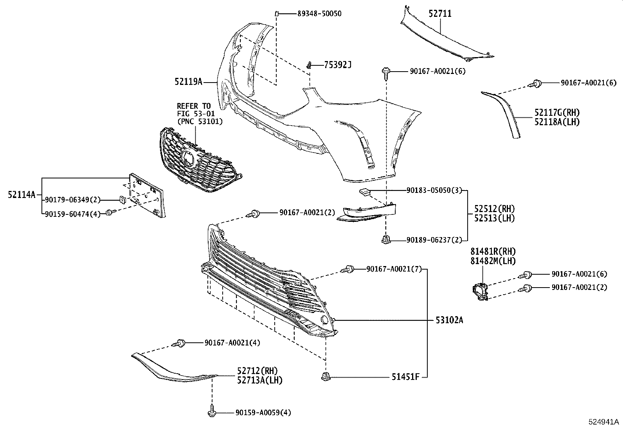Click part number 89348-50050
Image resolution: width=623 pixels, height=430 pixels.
(319, 14)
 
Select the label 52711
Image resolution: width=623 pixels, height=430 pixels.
(440, 14)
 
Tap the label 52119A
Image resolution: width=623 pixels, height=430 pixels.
(189, 82)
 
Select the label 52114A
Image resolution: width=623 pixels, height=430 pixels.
(22, 194)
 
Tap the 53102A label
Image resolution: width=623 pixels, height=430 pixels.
(449, 320)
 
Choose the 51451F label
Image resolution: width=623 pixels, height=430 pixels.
(406, 377)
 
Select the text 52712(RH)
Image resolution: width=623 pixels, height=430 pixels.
(256, 371)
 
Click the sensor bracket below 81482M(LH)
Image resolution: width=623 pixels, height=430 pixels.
(480, 292)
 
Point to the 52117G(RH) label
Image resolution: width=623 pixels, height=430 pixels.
(557, 113)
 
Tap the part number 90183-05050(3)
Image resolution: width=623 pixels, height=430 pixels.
(434, 191)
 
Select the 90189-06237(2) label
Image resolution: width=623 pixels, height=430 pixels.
(434, 240)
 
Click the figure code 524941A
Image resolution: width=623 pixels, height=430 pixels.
(604, 422)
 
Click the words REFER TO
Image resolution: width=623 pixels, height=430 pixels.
(193, 106)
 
